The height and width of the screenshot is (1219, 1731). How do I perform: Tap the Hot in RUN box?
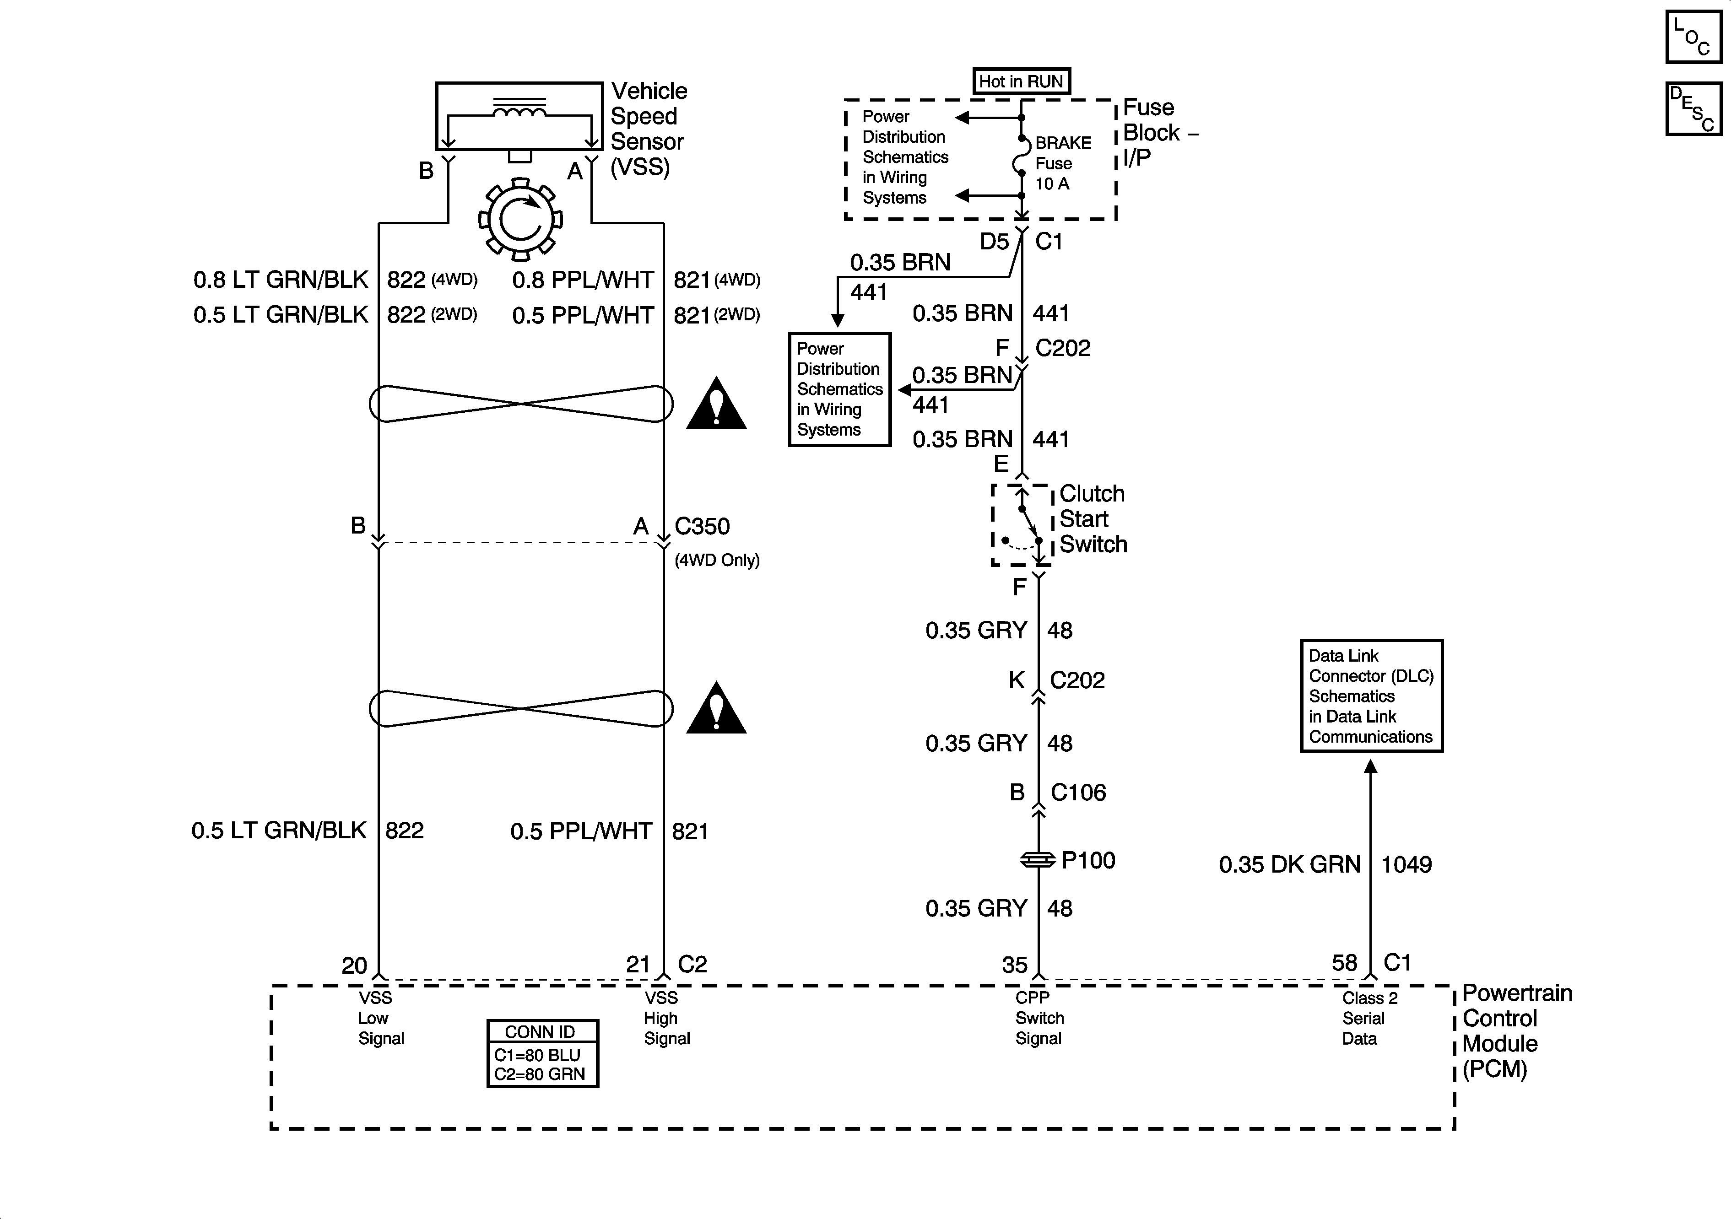pos(1021,81)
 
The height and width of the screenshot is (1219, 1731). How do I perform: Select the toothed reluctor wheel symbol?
pos(520,219)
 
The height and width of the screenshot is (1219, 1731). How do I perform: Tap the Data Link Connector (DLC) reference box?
pos(1371,696)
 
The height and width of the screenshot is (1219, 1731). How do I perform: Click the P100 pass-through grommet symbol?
pos(1038,859)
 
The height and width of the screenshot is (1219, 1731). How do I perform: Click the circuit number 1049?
pos(1406,865)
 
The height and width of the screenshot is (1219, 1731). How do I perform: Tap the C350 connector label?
pos(702,526)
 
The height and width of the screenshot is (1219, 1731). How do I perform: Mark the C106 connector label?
pos(1078,793)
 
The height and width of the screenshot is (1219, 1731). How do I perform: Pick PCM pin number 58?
pos(1344,963)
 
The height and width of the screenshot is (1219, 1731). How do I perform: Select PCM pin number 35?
pos(1015,965)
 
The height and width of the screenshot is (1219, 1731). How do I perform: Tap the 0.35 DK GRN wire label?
pos(1289,865)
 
